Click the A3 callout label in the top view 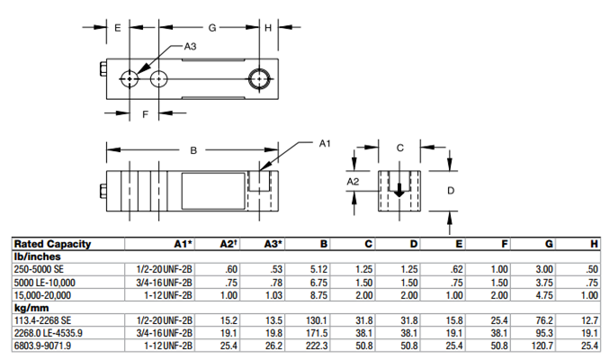pyautogui.click(x=189, y=46)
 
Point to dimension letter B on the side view pyautogui.click(x=191, y=150)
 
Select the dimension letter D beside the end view pyautogui.click(x=451, y=190)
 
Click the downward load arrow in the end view pyautogui.click(x=399, y=191)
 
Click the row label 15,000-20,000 pyautogui.click(x=43, y=293)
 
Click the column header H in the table pyautogui.click(x=593, y=244)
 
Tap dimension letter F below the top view pyautogui.click(x=145, y=114)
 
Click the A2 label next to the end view pyautogui.click(x=354, y=181)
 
